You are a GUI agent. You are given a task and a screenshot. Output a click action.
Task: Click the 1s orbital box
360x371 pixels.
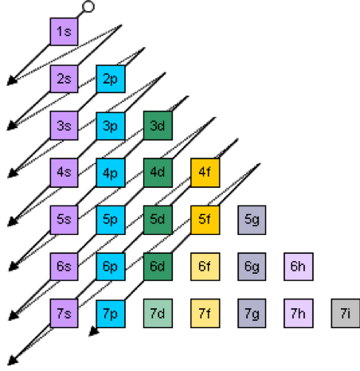click(x=64, y=32)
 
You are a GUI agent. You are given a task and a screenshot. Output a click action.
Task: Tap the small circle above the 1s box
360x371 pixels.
click(x=88, y=6)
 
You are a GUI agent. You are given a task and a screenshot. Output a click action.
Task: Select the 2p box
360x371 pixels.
click(x=111, y=79)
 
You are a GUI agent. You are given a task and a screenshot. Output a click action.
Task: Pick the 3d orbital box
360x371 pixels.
click(x=158, y=126)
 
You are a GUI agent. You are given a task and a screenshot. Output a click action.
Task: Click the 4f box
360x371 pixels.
click(x=205, y=173)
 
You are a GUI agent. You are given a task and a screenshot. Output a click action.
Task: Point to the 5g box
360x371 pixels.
click(x=252, y=220)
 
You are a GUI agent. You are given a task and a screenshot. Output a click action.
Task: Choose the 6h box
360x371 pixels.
click(x=299, y=267)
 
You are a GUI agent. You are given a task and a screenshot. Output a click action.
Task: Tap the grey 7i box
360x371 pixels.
click(x=346, y=314)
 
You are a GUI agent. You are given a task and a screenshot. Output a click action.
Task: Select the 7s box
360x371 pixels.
click(x=64, y=314)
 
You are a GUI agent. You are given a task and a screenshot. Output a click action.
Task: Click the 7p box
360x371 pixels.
click(x=111, y=314)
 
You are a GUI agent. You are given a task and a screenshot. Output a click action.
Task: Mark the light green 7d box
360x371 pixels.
click(x=158, y=314)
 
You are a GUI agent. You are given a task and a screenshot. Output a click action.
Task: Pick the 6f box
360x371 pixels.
click(x=205, y=267)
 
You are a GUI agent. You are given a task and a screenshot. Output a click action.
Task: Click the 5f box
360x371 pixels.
click(x=205, y=220)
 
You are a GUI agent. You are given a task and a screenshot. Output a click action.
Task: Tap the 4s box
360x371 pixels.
click(x=64, y=173)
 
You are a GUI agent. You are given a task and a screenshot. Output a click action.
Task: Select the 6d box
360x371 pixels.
click(x=158, y=267)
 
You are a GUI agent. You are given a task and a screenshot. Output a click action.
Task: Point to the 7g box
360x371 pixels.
click(x=252, y=314)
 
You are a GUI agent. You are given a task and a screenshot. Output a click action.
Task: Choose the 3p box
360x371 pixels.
click(x=111, y=127)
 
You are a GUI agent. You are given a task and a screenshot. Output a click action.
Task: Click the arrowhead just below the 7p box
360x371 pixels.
click(x=93, y=332)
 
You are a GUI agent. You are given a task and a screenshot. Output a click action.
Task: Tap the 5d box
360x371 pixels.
click(x=158, y=220)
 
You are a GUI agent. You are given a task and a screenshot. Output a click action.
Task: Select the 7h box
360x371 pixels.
click(x=299, y=314)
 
